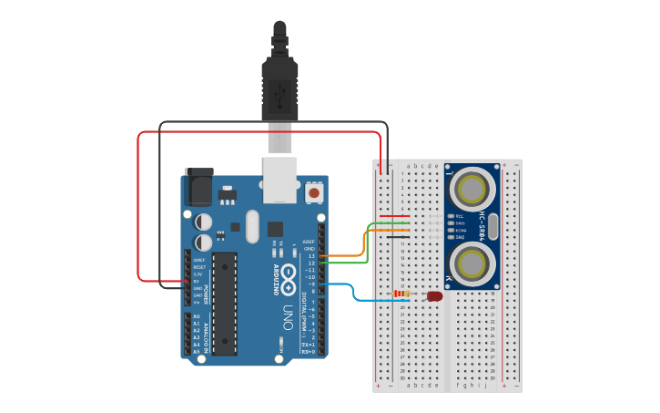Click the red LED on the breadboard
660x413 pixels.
coord(435,295)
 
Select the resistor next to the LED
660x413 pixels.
coord(401,293)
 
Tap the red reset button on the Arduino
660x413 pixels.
coord(314,192)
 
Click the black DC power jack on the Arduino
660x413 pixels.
coord(198,188)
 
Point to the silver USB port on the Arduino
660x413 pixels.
coord(279,180)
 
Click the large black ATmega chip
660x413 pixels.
coord(225,305)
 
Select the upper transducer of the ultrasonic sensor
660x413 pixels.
coord(472,190)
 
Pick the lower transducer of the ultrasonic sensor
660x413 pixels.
coord(472,264)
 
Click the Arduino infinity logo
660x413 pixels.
coord(288,273)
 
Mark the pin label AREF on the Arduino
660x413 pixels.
coord(309,242)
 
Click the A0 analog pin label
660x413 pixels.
coord(196,316)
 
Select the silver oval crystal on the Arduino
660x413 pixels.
coord(252,227)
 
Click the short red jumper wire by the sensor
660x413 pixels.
coord(393,216)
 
